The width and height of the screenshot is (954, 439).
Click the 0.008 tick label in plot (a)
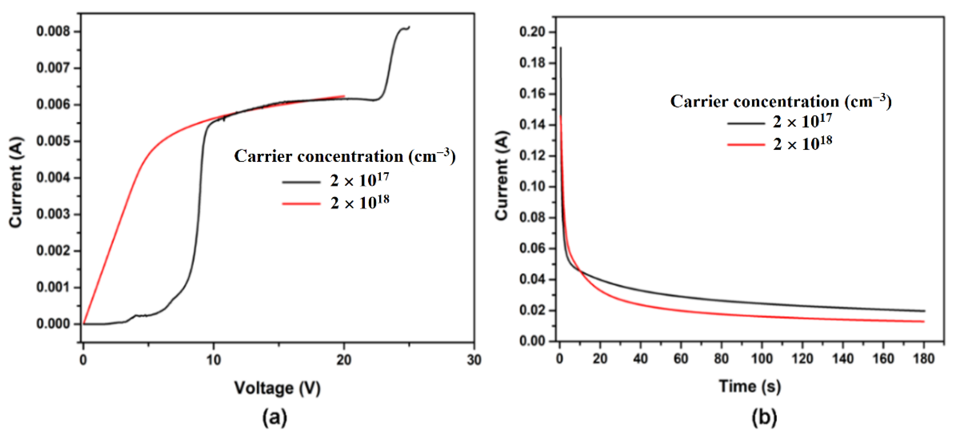coord(53,31)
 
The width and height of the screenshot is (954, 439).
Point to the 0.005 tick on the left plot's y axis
coord(53,141)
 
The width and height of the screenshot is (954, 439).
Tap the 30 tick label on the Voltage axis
coord(474,360)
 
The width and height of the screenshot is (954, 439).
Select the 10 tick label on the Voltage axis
coord(213,360)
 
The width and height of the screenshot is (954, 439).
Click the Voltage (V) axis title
coord(277,388)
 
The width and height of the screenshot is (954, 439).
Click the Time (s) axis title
coord(750,386)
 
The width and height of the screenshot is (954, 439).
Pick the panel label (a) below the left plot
coord(275,417)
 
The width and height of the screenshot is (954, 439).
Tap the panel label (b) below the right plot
coord(764,417)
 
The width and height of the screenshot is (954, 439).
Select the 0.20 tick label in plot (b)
coord(532,32)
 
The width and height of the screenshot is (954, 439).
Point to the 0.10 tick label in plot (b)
coord(532,186)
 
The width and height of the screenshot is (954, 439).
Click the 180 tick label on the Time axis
coord(924,359)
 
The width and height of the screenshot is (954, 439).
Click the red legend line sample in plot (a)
coord(301,203)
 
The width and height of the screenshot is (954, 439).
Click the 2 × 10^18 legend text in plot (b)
coord(803,143)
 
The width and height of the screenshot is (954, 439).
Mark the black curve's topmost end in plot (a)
coord(409,27)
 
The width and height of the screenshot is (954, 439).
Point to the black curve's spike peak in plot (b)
coord(561,47)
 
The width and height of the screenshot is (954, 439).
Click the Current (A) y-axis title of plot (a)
coord(16,182)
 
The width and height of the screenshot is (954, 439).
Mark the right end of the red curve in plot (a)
coord(344,96)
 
